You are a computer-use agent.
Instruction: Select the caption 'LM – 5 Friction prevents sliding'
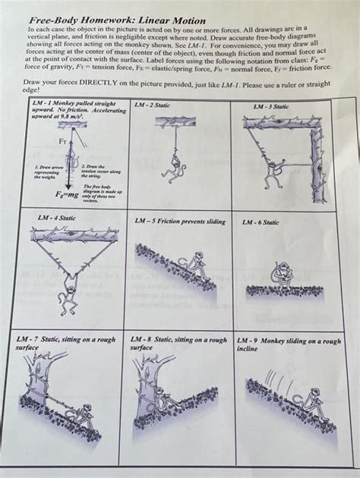point(180,222)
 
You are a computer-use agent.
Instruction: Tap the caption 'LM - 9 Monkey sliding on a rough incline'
point(289,345)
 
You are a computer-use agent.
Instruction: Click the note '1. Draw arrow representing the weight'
point(47,171)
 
